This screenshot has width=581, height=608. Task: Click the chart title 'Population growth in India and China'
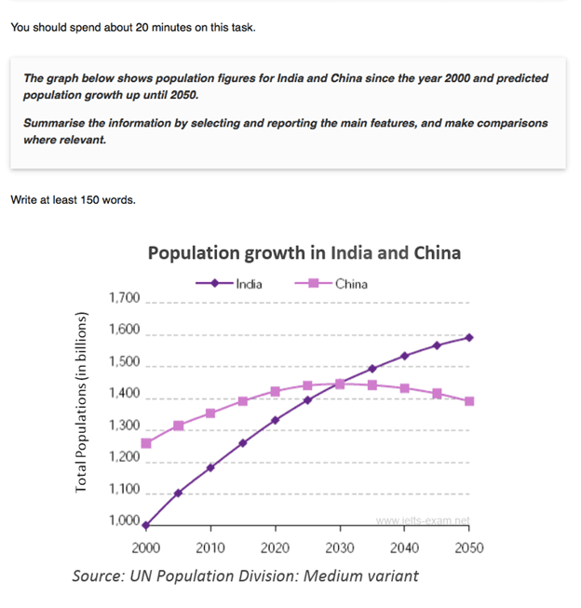(304, 253)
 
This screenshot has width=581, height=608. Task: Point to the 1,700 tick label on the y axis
(124, 299)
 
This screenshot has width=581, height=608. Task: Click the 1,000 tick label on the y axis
(124, 521)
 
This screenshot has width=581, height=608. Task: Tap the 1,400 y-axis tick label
(124, 394)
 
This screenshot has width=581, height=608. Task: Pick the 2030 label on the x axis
(340, 547)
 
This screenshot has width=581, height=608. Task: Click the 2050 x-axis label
(469, 547)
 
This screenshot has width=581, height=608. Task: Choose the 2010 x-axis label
(210, 547)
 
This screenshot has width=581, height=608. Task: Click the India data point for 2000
(146, 525)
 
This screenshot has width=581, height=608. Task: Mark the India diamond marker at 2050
(469, 337)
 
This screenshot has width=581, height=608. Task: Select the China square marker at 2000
(146, 443)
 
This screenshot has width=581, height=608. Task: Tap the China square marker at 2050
(469, 401)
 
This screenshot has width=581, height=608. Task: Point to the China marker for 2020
(275, 392)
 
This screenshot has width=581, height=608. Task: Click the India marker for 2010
(210, 467)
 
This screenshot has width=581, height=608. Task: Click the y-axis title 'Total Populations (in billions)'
(81, 403)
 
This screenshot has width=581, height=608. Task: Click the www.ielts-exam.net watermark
(423, 520)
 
